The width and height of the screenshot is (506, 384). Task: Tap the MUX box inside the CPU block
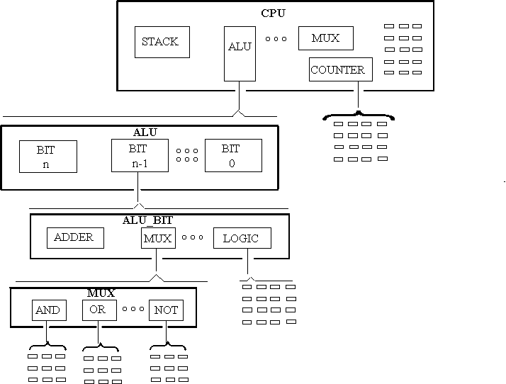pyautogui.click(x=325, y=38)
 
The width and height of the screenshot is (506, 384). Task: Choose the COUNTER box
pyautogui.click(x=340, y=69)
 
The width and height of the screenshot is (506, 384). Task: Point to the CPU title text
pyautogui.click(x=274, y=13)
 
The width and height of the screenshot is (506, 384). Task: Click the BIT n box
pyautogui.click(x=47, y=156)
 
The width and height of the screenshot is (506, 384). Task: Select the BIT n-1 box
pyautogui.click(x=140, y=156)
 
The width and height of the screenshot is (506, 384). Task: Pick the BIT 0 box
pyautogui.click(x=233, y=156)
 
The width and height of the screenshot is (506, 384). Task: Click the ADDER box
pyautogui.click(x=74, y=237)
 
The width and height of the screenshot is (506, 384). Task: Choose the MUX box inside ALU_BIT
pyautogui.click(x=157, y=238)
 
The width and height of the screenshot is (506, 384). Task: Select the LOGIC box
pyautogui.click(x=241, y=238)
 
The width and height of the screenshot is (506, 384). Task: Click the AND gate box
pyautogui.click(x=48, y=310)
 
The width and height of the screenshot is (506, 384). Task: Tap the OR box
pyautogui.click(x=98, y=310)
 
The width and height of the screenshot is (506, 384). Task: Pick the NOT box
pyautogui.click(x=166, y=310)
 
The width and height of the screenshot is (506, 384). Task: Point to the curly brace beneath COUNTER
pyautogui.click(x=358, y=115)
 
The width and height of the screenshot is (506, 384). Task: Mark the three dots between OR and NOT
pyautogui.click(x=133, y=309)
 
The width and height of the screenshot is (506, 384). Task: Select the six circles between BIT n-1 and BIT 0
pyautogui.click(x=186, y=154)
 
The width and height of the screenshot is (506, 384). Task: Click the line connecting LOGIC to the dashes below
pyautogui.click(x=248, y=264)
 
